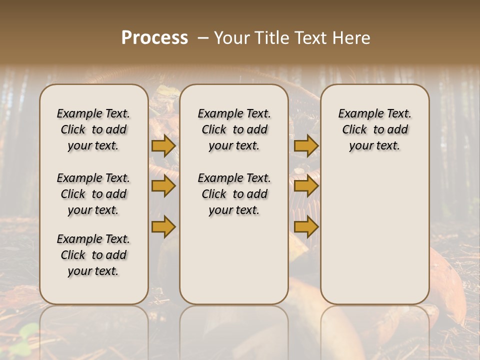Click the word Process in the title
click(x=154, y=38)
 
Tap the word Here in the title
click(x=352, y=38)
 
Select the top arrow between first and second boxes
click(x=163, y=146)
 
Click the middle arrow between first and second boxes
click(x=163, y=186)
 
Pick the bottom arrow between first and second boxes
click(x=163, y=226)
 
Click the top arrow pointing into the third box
click(x=306, y=146)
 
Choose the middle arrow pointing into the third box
click(x=306, y=186)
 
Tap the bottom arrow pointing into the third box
click(x=306, y=226)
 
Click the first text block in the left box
click(x=93, y=129)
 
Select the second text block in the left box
click(x=93, y=194)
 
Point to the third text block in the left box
click(x=93, y=255)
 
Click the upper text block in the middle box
click(x=234, y=129)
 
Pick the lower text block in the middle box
click(x=234, y=194)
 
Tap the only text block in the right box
click(x=374, y=129)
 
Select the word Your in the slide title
click(x=232, y=38)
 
